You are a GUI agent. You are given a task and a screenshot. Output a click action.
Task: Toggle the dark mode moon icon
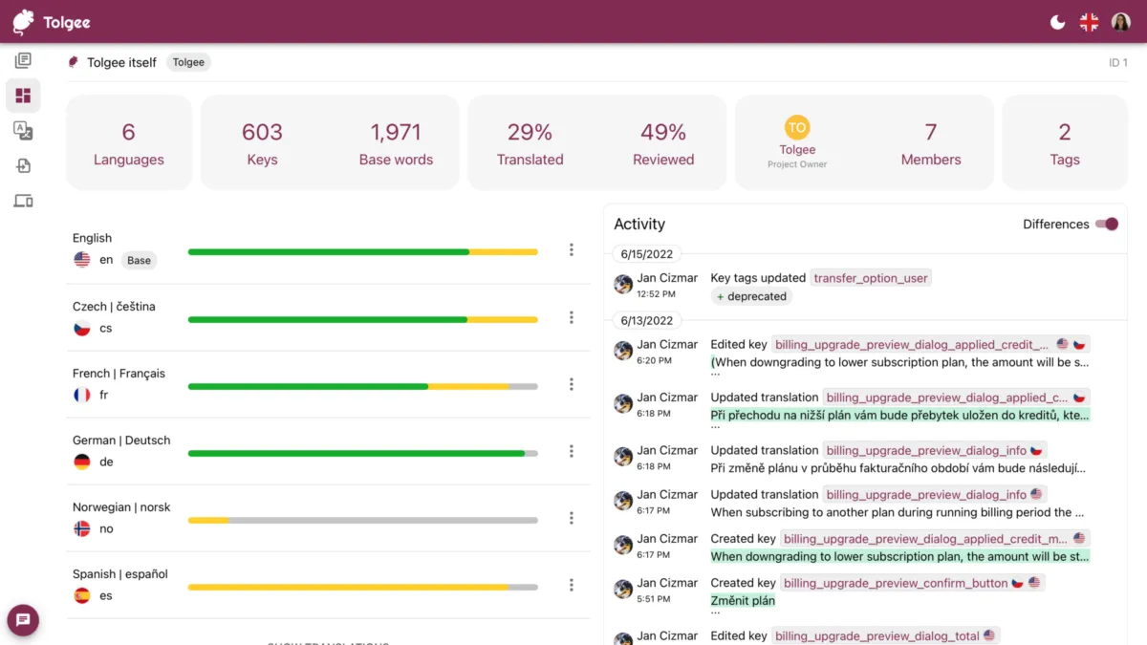click(x=1058, y=22)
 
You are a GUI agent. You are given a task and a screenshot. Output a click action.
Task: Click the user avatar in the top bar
click(x=1120, y=22)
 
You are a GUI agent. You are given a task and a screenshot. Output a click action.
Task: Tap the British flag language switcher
click(x=1089, y=22)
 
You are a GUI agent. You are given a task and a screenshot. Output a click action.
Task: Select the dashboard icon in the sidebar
click(x=23, y=96)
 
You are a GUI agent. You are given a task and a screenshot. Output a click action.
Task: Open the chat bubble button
click(x=23, y=619)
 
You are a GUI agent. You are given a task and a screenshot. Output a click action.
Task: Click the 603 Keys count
click(x=262, y=132)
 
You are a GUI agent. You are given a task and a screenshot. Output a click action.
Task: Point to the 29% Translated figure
click(x=530, y=132)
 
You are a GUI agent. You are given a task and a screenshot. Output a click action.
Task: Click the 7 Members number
click(x=930, y=132)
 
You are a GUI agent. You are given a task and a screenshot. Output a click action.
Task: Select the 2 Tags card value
click(x=1064, y=132)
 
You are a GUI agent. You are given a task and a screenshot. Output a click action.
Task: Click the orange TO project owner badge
click(x=796, y=127)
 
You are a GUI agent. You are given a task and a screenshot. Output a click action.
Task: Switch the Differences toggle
click(x=1107, y=224)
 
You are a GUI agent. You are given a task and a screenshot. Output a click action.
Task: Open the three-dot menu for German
click(x=572, y=451)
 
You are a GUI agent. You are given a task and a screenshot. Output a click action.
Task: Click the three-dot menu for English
click(x=572, y=249)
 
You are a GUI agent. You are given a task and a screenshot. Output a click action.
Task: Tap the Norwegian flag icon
click(x=82, y=528)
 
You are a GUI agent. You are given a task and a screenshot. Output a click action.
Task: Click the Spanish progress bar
click(x=362, y=587)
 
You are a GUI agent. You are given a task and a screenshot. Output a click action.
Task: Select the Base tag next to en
click(x=139, y=260)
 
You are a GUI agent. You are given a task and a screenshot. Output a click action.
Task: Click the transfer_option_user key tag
click(x=871, y=278)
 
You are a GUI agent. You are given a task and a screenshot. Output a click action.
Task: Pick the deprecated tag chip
click(x=751, y=296)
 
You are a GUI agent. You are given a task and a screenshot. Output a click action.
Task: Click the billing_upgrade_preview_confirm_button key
click(x=896, y=583)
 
